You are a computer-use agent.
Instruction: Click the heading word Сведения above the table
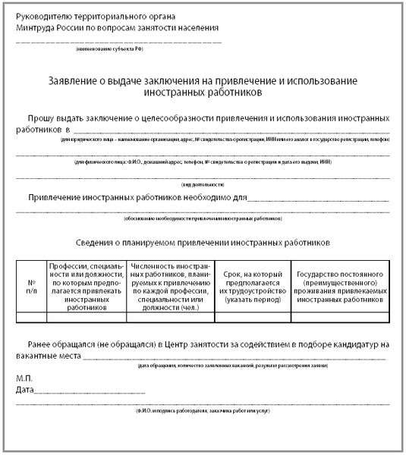pos(99,246)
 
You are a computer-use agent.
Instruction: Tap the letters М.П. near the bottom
pos(24,377)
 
